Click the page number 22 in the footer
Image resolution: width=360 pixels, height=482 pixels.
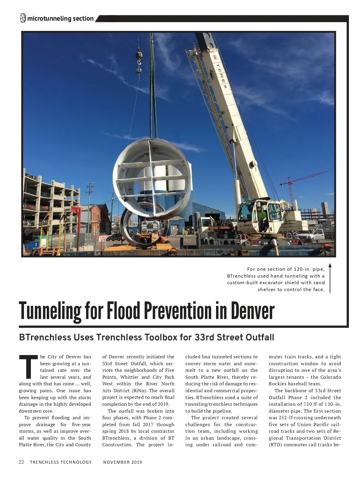coord(21,462)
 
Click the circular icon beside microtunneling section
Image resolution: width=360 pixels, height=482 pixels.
coord(23,19)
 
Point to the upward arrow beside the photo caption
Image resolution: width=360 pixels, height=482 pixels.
coord(330,278)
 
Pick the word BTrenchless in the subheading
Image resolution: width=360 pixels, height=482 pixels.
coord(45,337)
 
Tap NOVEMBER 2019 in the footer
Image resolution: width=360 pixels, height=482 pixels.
coord(122,462)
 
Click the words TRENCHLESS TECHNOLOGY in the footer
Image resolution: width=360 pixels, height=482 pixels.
coord(61,462)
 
